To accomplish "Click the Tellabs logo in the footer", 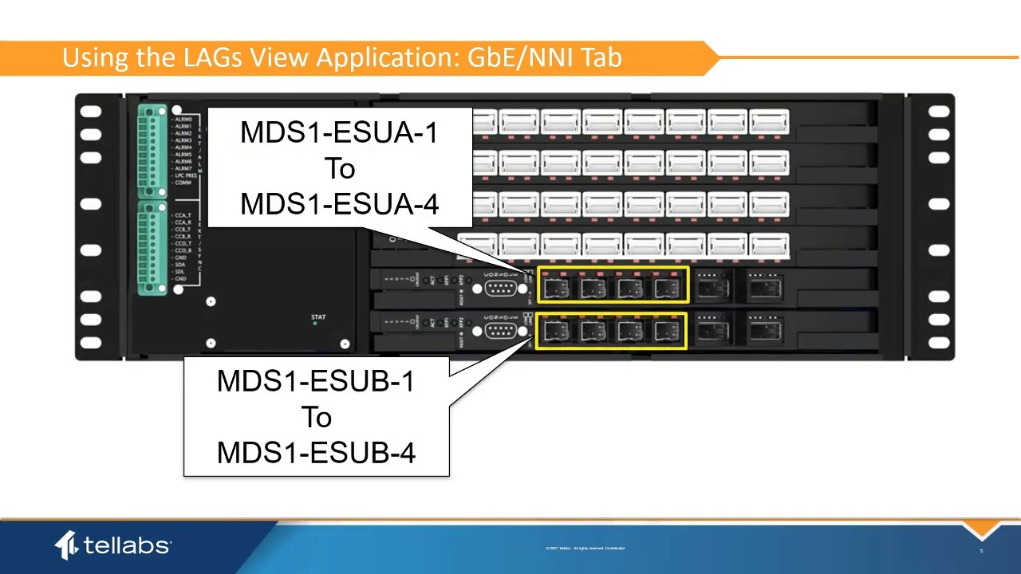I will [x=112, y=545].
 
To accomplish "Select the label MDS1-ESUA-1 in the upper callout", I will [x=339, y=132].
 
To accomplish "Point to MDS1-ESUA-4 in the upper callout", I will [x=339, y=204].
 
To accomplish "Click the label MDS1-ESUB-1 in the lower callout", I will [x=316, y=381].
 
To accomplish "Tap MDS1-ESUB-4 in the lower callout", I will [x=316, y=453].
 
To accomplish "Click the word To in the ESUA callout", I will [x=339, y=168].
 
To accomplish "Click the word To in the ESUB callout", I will [x=316, y=417].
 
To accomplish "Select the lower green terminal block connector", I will [x=151, y=247].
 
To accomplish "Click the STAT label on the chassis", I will [x=318, y=318].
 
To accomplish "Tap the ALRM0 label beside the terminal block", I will [x=183, y=119].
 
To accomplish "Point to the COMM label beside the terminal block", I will [x=183, y=183].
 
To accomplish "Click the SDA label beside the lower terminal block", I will [x=180, y=265].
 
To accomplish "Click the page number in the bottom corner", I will [x=981, y=551].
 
